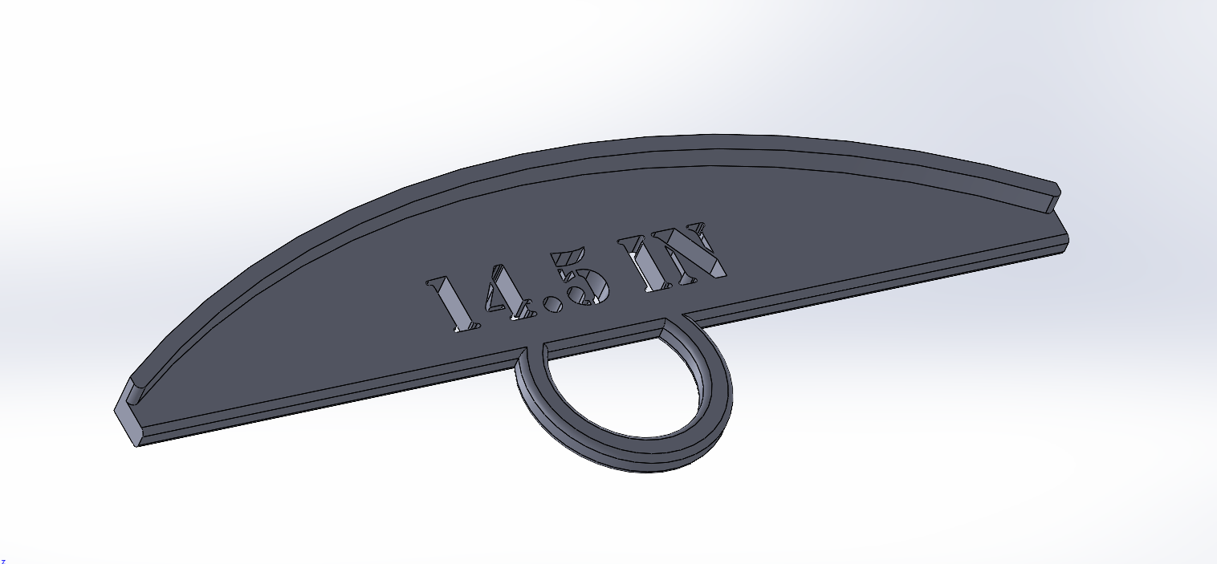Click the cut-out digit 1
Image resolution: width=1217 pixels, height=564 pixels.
[x=450, y=305]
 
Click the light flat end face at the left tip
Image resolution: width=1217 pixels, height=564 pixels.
[x=126, y=417]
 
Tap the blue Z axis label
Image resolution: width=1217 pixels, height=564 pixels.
[x=2, y=561]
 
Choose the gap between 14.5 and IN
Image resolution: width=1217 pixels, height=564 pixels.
[x=623, y=277]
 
